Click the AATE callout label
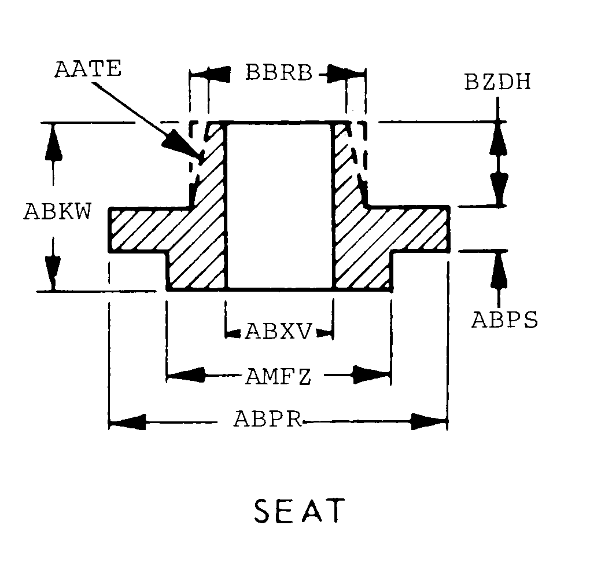tap(88, 69)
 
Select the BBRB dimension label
tap(279, 72)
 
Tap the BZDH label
tap(497, 82)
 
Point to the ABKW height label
tap(58, 211)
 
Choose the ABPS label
tap(504, 320)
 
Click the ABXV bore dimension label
tap(279, 332)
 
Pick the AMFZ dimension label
tap(278, 376)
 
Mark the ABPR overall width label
tap(268, 418)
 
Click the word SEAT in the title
tap(300, 511)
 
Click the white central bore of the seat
tap(279, 205)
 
